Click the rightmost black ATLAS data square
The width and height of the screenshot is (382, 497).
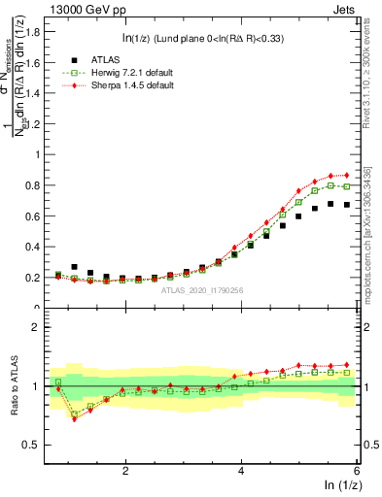pyautogui.click(x=346, y=205)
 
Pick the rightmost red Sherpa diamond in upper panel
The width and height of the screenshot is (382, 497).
pyautogui.click(x=346, y=175)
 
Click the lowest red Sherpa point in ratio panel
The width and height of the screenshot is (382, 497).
pyautogui.click(x=75, y=418)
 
